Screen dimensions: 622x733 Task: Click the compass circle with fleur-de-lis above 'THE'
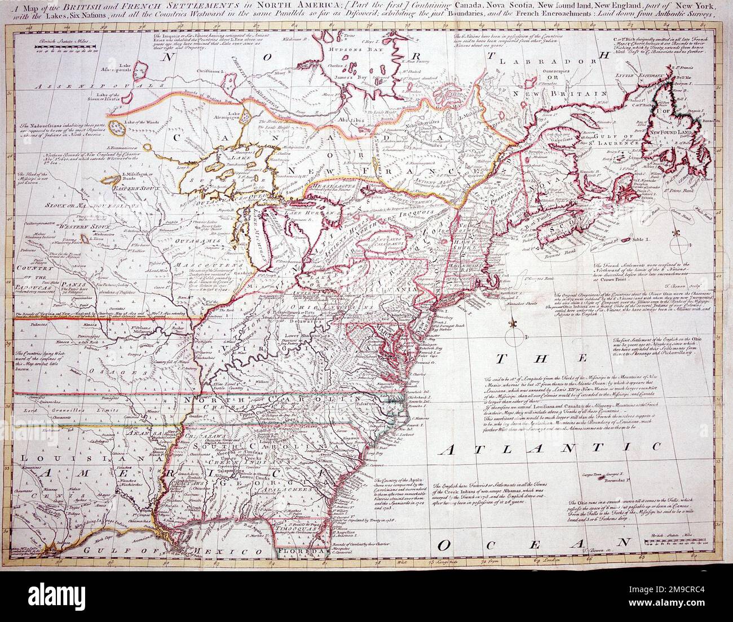pyautogui.click(x=514, y=339)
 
